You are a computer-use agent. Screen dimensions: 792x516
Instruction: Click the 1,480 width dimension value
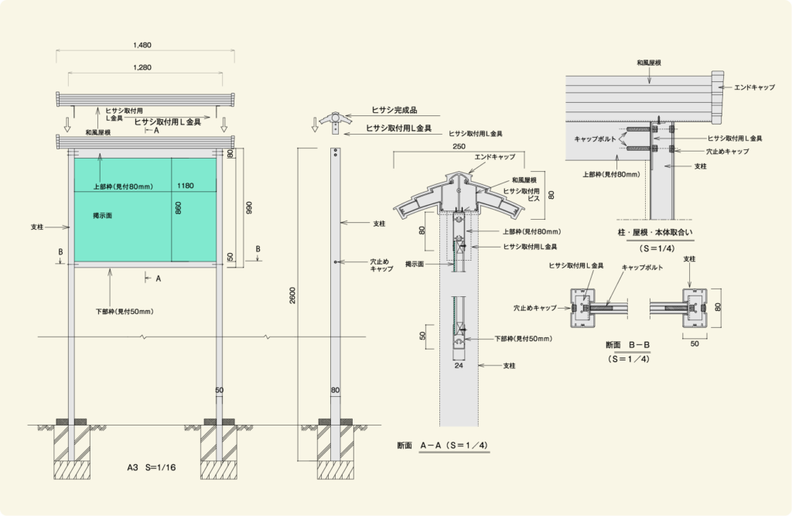click(x=142, y=45)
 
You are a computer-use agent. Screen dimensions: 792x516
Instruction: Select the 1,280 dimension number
click(x=142, y=67)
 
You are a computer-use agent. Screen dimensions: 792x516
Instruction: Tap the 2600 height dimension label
click(x=293, y=296)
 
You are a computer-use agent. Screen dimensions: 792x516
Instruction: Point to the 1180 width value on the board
click(x=186, y=186)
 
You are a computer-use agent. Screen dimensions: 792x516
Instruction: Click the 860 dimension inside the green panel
click(x=179, y=207)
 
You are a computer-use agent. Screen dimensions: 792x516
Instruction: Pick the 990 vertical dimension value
click(x=249, y=207)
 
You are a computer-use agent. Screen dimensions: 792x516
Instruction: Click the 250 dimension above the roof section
click(x=459, y=146)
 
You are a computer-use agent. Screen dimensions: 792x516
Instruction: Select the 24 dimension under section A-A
click(x=458, y=365)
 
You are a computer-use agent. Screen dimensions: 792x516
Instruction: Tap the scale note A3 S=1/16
click(x=152, y=467)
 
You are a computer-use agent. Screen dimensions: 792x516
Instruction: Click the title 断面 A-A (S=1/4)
click(x=442, y=446)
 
